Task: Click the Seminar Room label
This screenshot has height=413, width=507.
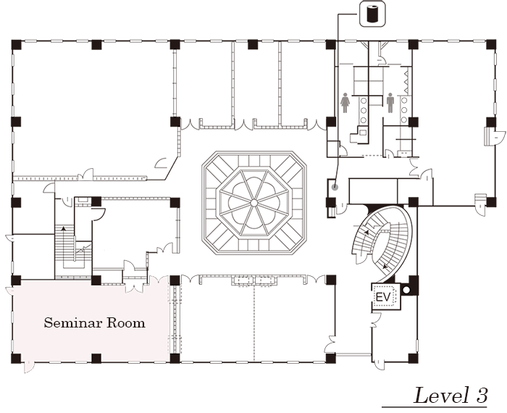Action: pyautogui.click(x=94, y=322)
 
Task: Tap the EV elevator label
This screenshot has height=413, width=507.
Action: pyautogui.click(x=382, y=297)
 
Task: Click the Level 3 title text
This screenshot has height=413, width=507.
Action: pyautogui.click(x=451, y=395)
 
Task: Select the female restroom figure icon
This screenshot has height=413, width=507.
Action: pyautogui.click(x=345, y=103)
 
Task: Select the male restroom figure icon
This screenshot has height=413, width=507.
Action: pyautogui.click(x=390, y=103)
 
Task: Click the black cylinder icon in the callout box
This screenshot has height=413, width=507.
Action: pyautogui.click(x=373, y=14)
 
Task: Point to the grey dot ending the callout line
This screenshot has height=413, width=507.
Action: pyautogui.click(x=335, y=187)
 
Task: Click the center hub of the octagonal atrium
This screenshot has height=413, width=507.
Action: pyautogui.click(x=254, y=203)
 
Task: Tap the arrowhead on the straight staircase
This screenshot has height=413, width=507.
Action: pyautogui.click(x=64, y=228)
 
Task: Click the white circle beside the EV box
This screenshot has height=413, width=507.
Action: pyautogui.click(x=406, y=290)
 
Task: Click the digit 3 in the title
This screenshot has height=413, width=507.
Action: pyautogui.click(x=482, y=395)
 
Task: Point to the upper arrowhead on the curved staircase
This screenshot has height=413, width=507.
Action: pyautogui.click(x=366, y=232)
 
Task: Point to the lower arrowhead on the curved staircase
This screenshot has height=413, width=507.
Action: pyautogui.click(x=385, y=267)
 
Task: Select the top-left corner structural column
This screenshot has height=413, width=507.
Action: pyautogui.click(x=16, y=45)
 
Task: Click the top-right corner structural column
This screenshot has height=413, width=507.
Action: pyautogui.click(x=491, y=45)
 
